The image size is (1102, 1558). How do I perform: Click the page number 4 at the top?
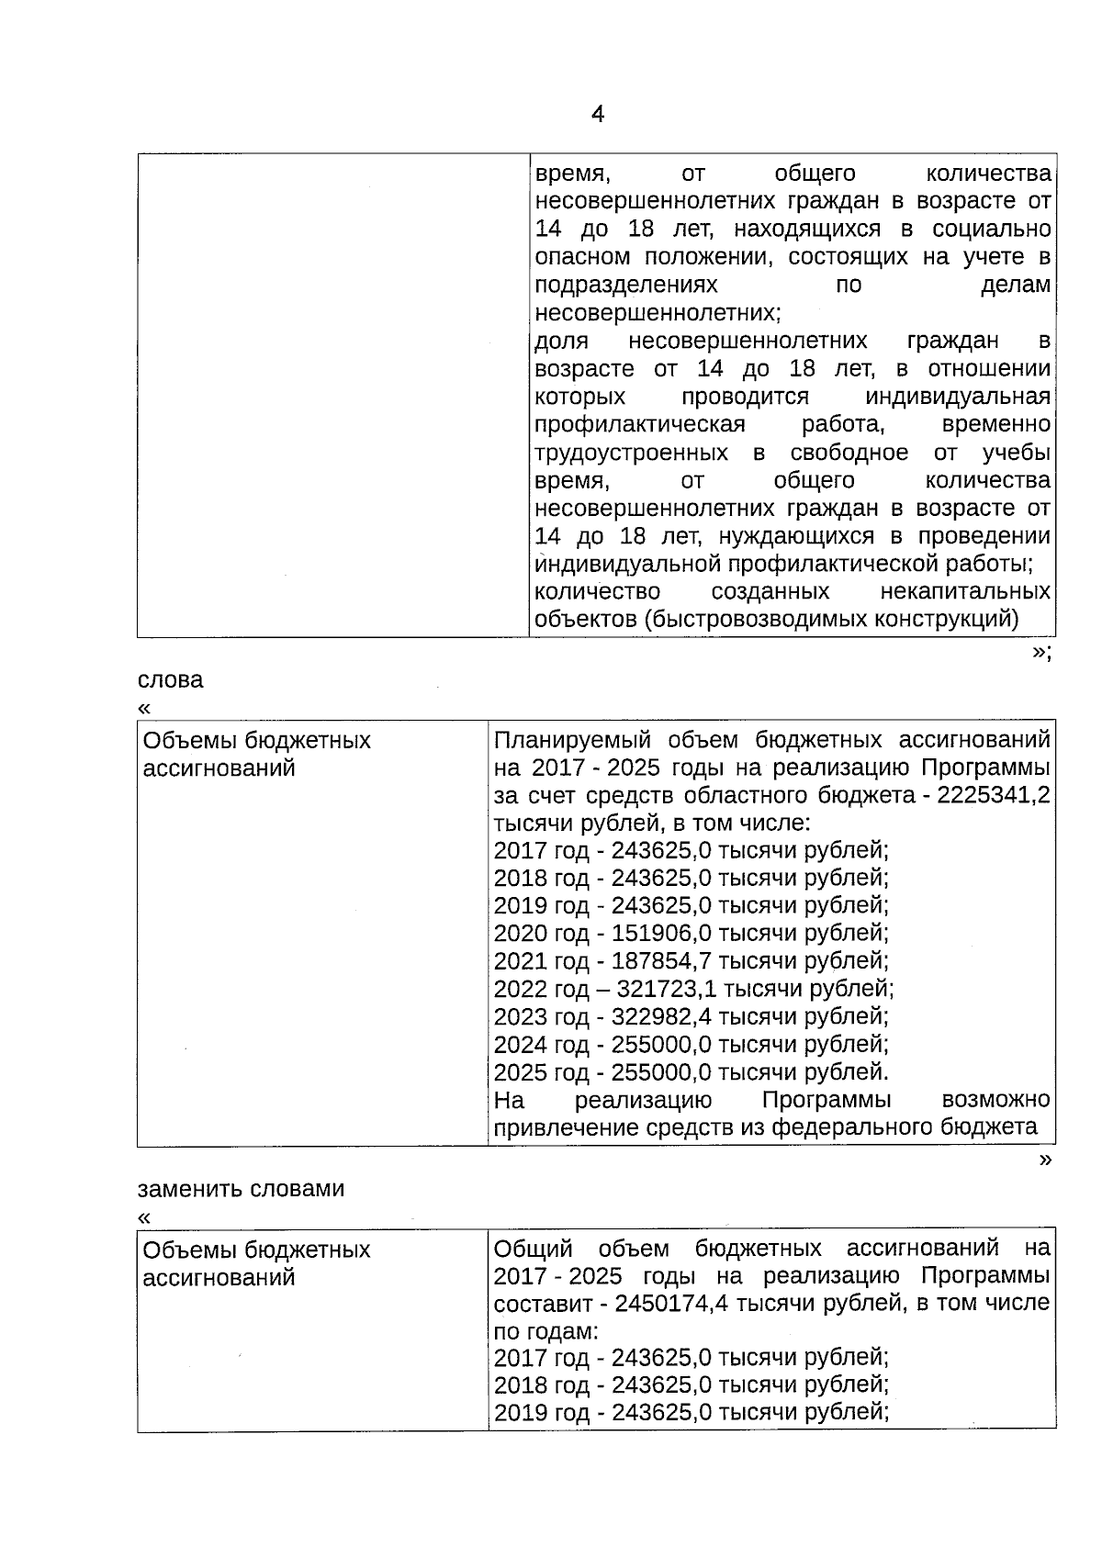tap(598, 115)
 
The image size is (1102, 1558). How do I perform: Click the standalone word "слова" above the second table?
tap(171, 680)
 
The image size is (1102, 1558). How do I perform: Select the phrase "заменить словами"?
tap(241, 1189)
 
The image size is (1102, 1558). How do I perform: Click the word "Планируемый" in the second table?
tap(572, 740)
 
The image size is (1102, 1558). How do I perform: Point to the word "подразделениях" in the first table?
tap(625, 286)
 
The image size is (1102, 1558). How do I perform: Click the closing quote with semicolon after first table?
tap(1040, 653)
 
